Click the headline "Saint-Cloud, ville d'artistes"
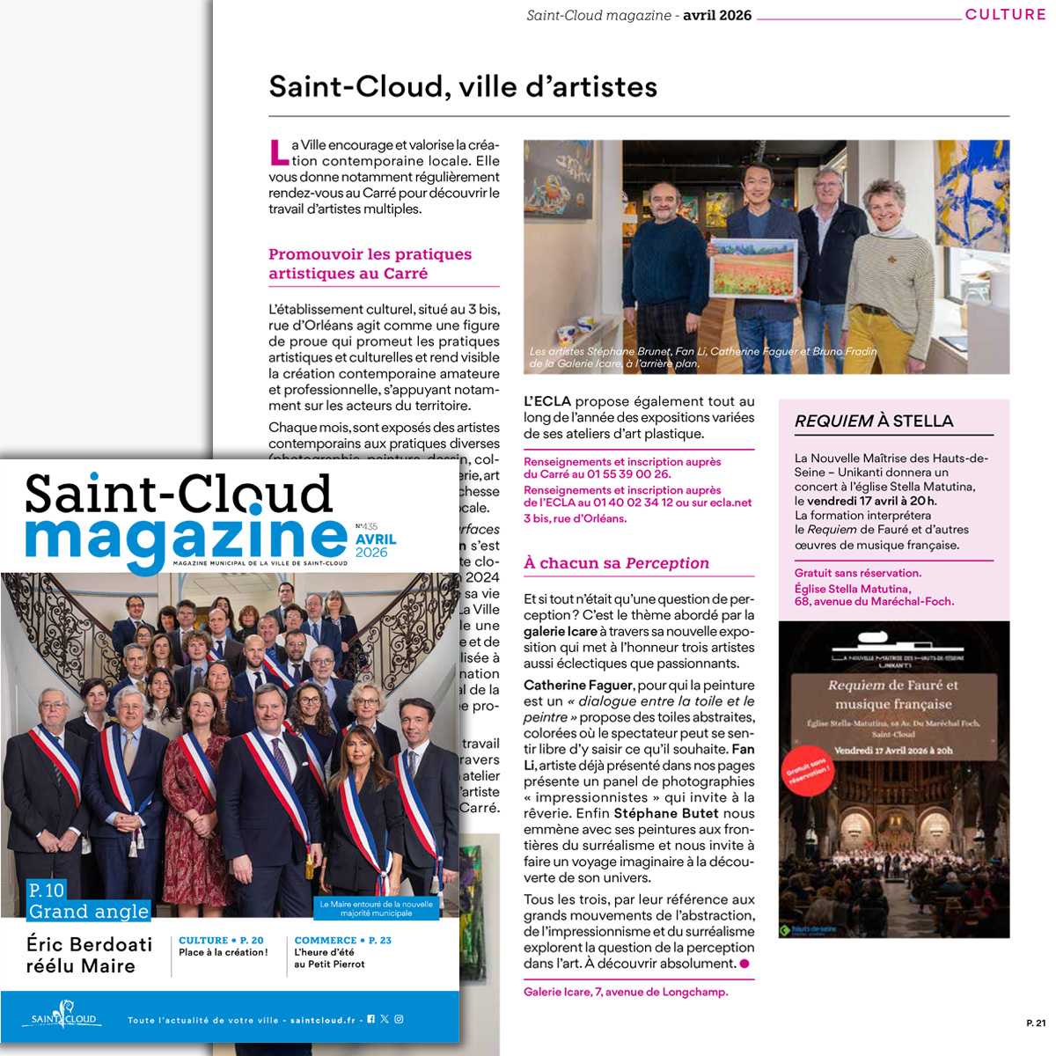tap(463, 87)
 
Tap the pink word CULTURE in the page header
tap(1005, 14)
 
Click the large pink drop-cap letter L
tap(278, 152)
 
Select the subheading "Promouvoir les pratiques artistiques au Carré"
tap(370, 264)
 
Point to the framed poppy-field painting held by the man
tap(753, 267)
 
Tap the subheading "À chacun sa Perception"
tap(616, 563)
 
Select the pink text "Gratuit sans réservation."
tap(858, 573)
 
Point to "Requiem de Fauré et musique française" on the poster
tap(893, 694)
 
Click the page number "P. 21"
tap(1036, 1023)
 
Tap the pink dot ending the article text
tap(744, 964)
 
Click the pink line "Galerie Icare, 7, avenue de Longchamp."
tap(626, 992)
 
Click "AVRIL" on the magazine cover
tap(376, 539)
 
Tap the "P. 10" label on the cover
tap(47, 890)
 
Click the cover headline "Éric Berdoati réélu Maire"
tap(89, 955)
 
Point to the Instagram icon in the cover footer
tap(399, 1019)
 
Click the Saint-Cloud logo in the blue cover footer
tap(63, 1016)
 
